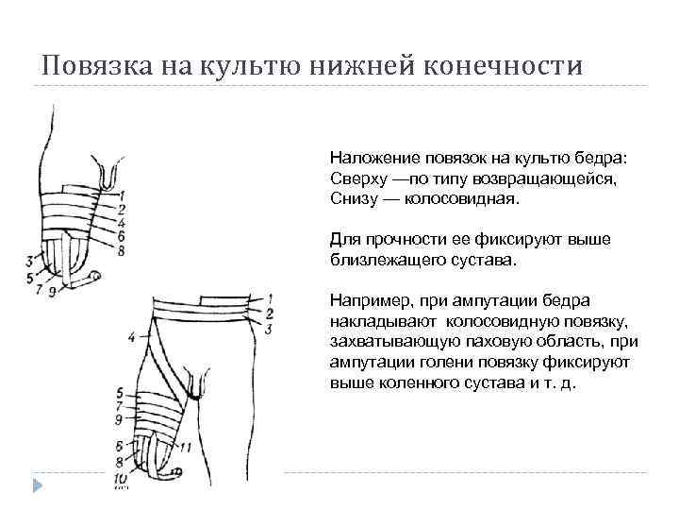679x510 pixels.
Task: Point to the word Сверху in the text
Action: click(x=355, y=179)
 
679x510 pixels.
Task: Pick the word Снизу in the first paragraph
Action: click(x=351, y=200)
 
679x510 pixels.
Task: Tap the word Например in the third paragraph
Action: click(x=365, y=300)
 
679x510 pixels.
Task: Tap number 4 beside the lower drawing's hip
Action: click(x=131, y=333)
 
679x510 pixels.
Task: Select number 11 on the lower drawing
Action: click(x=187, y=446)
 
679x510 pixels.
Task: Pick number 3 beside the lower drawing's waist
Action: click(x=269, y=328)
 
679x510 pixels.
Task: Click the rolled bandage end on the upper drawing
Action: click(x=91, y=277)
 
